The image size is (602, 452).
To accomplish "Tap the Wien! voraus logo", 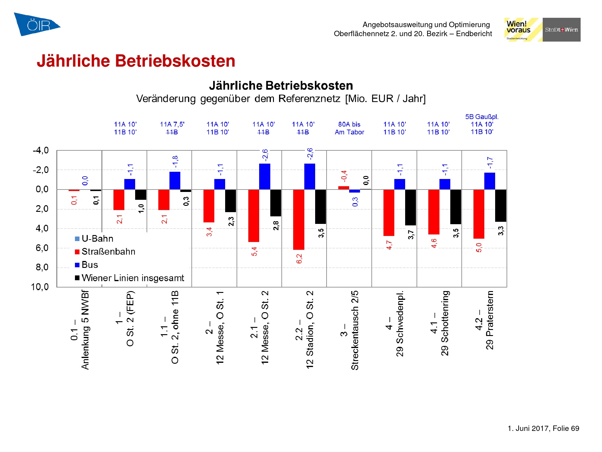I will (523, 30).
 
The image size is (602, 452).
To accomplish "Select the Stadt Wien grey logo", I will (561, 30).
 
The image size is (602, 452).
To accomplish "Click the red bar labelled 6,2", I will (299, 219).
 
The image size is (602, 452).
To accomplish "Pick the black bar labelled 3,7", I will (410, 207).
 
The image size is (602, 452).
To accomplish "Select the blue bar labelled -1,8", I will (175, 180).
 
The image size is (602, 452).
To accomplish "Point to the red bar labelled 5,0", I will (479, 214).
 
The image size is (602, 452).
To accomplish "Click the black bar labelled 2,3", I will (231, 201).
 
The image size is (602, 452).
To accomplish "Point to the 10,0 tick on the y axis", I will (40, 287).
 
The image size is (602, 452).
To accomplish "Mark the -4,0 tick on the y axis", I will (41, 150).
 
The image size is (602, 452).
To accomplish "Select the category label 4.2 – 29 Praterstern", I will (484, 320).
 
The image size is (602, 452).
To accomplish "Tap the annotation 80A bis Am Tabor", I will (349, 128).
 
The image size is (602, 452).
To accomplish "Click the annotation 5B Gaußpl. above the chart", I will (482, 117).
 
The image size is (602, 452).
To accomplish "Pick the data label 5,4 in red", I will (255, 251).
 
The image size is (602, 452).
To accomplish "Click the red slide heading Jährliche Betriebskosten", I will (136, 61).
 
